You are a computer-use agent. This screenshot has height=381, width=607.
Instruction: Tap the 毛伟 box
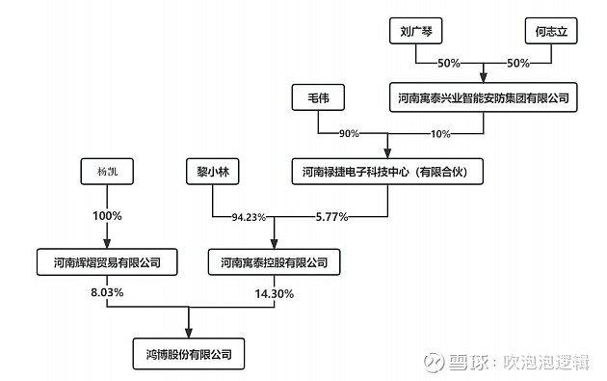point(318,97)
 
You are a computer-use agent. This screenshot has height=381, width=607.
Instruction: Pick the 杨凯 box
point(106,174)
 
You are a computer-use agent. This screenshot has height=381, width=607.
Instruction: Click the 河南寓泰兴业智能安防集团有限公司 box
point(482,97)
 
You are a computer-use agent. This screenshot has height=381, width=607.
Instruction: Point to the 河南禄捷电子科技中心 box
point(385,174)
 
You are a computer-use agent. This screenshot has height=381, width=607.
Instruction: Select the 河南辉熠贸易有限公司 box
point(106,261)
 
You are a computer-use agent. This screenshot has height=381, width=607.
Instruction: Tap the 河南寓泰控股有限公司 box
point(274,261)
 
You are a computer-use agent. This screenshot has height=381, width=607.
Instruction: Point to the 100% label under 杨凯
point(106,216)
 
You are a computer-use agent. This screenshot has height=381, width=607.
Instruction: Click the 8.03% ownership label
point(106,292)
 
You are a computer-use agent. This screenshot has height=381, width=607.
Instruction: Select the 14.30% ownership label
point(275,292)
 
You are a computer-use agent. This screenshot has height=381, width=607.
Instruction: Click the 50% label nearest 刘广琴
point(449,63)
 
